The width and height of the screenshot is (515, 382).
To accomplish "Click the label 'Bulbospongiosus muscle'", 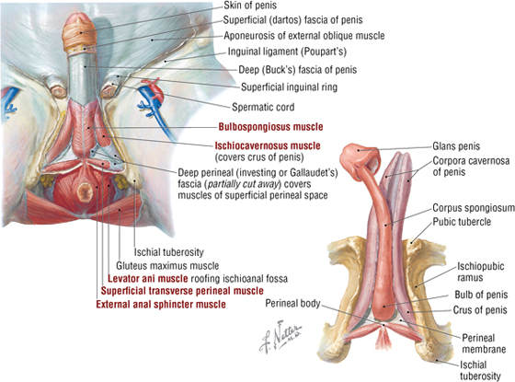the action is tap(270, 127).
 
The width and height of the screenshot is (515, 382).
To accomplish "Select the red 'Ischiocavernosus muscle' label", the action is tap(268, 145).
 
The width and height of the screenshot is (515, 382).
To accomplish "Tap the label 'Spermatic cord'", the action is tap(263, 107).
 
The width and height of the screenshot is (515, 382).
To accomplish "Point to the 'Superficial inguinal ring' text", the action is tap(289, 87).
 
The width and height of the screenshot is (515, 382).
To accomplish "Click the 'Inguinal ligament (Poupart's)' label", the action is tap(287, 52).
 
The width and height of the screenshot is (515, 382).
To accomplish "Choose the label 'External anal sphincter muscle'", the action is tap(161, 305).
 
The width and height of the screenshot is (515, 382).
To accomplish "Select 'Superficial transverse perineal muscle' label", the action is tap(182, 291).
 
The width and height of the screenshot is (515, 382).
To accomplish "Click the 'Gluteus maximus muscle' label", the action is tap(167, 265).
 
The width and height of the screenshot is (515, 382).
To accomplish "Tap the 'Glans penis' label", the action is tap(456, 146).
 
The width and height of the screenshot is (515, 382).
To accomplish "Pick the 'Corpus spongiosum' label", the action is tap(474, 208).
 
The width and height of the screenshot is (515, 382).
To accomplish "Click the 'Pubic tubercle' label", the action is tap(462, 222).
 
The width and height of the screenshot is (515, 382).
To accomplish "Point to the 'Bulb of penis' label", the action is tap(481, 295).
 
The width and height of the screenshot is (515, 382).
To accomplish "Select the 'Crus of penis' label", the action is tap(480, 309).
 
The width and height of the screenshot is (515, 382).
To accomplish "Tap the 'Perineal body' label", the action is tap(292, 303).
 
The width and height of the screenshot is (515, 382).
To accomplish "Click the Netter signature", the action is tap(280, 336).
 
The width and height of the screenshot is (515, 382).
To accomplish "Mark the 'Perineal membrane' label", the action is tap(484, 343).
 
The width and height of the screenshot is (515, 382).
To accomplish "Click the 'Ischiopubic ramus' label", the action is tap(480, 272).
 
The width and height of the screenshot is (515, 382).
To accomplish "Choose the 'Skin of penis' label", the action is tap(250, 6).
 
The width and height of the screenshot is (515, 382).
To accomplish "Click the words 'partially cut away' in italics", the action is tap(243, 184).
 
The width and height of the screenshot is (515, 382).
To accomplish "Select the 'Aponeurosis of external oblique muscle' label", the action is tap(304, 36).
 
